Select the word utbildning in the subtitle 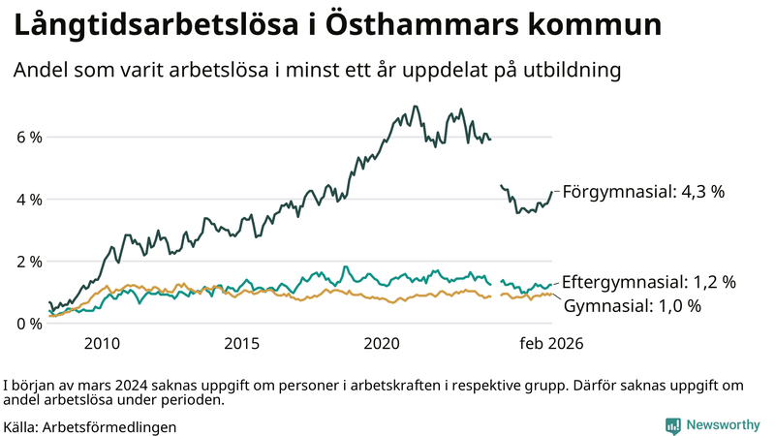click(x=566, y=71)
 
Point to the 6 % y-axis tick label click(x=29, y=138)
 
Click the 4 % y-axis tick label click(x=29, y=200)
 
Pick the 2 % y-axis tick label click(x=29, y=262)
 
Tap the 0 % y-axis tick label click(x=29, y=324)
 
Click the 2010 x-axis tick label click(x=102, y=344)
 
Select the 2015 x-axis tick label click(x=241, y=344)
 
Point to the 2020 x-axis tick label click(x=382, y=344)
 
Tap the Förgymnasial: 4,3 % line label click(x=643, y=192)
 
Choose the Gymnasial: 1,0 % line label click(x=632, y=306)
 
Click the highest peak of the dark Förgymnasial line click(x=416, y=107)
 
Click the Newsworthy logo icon click(x=672, y=425)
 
